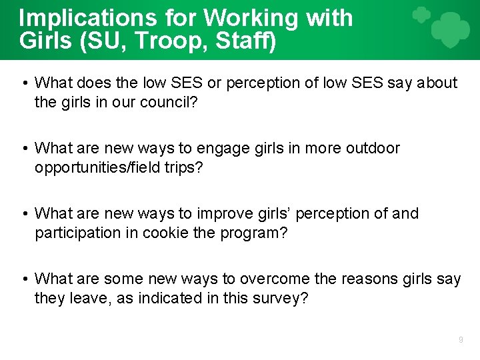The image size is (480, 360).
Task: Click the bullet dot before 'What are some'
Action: point(24,279)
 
